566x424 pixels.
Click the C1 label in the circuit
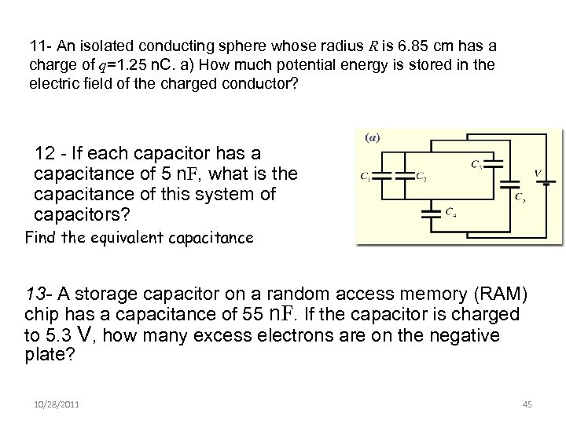(365, 176)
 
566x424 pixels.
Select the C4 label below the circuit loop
(450, 211)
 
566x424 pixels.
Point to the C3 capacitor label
(477, 165)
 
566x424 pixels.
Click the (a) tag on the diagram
(373, 136)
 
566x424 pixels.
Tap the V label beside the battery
(537, 174)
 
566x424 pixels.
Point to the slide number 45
(527, 404)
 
